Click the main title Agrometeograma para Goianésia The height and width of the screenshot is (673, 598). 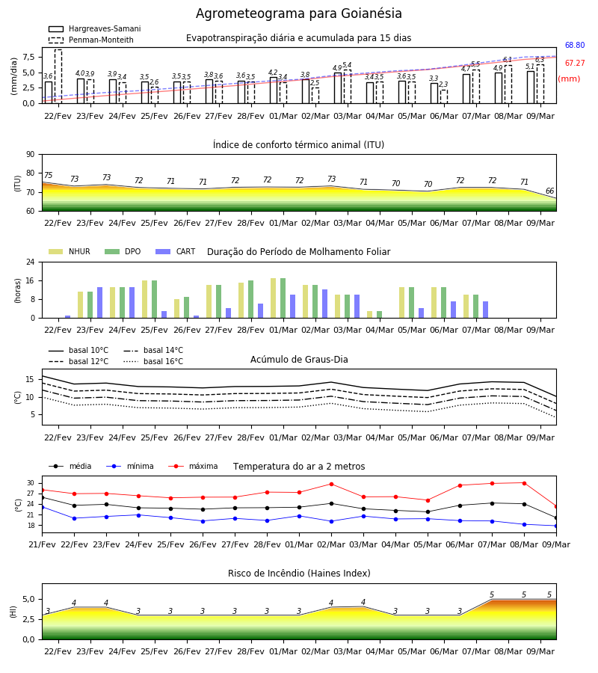tap(299, 13)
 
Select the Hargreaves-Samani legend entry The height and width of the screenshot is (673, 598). tap(94, 28)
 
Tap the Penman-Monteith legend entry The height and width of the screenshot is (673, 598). tap(91, 40)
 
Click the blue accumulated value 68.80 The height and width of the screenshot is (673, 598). tap(575, 45)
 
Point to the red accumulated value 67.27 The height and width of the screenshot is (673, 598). tap(575, 63)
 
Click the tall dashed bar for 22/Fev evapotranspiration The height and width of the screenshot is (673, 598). tap(58, 76)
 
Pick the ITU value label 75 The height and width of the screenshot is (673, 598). tap(48, 175)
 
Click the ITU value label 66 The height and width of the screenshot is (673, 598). tap(549, 191)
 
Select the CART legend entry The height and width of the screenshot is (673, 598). tap(176, 251)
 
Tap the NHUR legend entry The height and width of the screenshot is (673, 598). tap(70, 251)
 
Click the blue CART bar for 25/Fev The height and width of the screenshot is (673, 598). tap(164, 315)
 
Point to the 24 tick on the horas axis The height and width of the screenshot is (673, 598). tap(31, 262)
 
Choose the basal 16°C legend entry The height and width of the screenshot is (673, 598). tap(153, 361)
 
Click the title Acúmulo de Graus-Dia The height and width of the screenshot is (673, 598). tap(299, 359)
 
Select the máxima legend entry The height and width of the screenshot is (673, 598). tap(193, 466)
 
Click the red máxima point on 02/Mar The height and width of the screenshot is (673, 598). tap(331, 484)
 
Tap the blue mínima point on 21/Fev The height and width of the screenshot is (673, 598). tap(42, 507)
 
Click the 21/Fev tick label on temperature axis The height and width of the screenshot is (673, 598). tap(42, 544)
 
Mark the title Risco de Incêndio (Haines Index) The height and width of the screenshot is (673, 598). tap(299, 574)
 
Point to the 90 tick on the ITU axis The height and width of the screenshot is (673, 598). tap(31, 155)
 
